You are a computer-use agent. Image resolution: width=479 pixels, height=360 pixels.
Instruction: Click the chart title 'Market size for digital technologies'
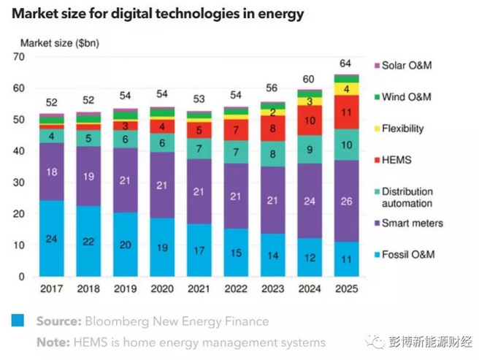coord(158,13)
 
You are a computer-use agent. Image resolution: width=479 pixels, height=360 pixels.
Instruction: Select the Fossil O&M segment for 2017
coord(51,239)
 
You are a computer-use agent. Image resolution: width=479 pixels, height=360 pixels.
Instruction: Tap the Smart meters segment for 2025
coord(346,201)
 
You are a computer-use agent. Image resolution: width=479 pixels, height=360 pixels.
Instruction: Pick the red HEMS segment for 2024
coord(310,120)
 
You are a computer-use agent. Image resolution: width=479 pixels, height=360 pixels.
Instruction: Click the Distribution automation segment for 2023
coord(272,154)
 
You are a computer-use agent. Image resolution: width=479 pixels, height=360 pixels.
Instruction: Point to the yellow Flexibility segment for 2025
coord(346,88)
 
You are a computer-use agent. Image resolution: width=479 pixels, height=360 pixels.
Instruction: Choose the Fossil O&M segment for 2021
coord(199,250)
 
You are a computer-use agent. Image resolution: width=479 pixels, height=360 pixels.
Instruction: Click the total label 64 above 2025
coord(346,62)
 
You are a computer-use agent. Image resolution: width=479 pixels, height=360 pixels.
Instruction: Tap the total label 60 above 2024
coord(310,78)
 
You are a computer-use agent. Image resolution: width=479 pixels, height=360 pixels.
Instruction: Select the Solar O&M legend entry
coord(406,66)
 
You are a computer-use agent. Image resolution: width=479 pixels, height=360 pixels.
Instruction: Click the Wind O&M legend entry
coord(406,96)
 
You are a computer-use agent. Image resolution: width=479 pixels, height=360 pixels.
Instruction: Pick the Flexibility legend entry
coord(403,129)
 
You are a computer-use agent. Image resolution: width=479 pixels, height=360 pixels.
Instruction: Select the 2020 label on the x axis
coord(162,289)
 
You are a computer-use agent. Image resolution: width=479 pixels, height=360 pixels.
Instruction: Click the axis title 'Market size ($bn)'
coord(59,43)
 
